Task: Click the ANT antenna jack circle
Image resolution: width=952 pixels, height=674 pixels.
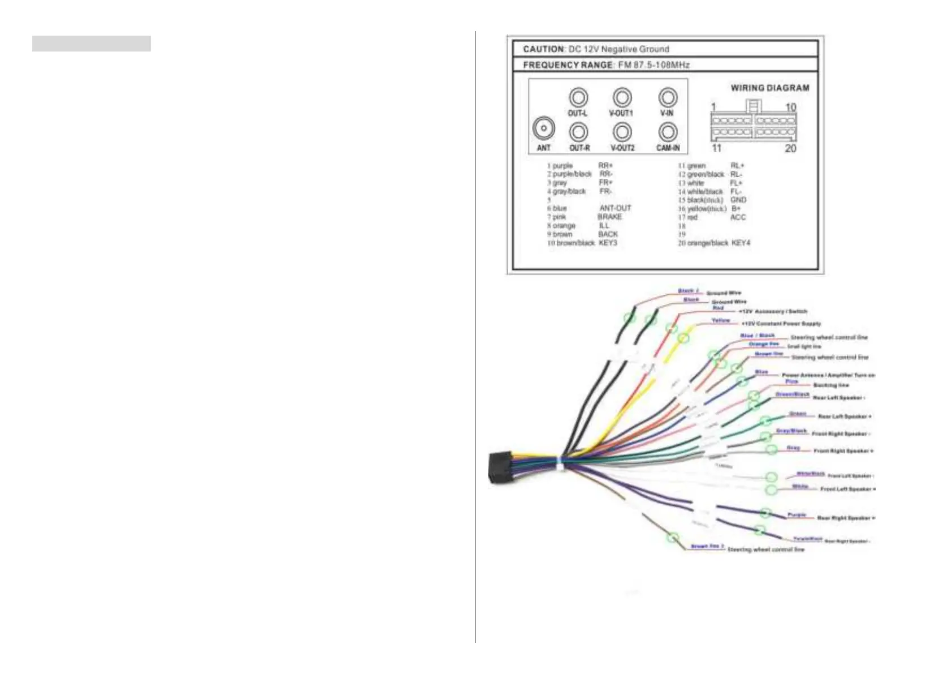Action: pyautogui.click(x=543, y=128)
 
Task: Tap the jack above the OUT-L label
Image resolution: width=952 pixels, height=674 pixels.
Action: pyautogui.click(x=578, y=97)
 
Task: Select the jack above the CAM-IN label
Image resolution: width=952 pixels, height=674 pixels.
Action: pyautogui.click(x=668, y=132)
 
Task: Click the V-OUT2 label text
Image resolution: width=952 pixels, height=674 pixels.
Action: pyautogui.click(x=622, y=148)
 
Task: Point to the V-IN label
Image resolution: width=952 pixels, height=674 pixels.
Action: pyautogui.click(x=667, y=113)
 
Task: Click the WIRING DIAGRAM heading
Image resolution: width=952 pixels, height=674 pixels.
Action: pyautogui.click(x=769, y=88)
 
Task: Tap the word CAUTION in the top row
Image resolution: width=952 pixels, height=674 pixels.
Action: pyautogui.click(x=543, y=49)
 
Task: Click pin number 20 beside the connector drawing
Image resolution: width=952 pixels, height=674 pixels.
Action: pyautogui.click(x=790, y=148)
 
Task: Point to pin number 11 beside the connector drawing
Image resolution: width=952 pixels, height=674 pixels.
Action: pyautogui.click(x=716, y=148)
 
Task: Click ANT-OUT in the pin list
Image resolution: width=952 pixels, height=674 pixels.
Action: pyautogui.click(x=615, y=208)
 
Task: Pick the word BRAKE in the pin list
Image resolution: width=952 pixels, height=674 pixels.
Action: pyautogui.click(x=609, y=217)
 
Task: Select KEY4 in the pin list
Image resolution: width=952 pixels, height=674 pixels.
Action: pyautogui.click(x=741, y=243)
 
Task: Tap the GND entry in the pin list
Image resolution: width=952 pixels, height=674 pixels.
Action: pyautogui.click(x=738, y=200)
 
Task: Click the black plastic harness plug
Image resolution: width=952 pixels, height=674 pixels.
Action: pyautogui.click(x=500, y=467)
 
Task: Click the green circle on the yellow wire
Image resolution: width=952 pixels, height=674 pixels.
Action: pyautogui.click(x=683, y=338)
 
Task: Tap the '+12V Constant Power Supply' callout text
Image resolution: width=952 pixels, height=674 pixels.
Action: pyautogui.click(x=781, y=324)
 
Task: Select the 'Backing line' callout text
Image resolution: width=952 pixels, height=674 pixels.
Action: pyautogui.click(x=831, y=385)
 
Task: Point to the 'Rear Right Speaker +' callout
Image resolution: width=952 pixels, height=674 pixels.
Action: pyautogui.click(x=846, y=518)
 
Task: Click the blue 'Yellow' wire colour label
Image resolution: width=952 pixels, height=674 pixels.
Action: pyautogui.click(x=721, y=320)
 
